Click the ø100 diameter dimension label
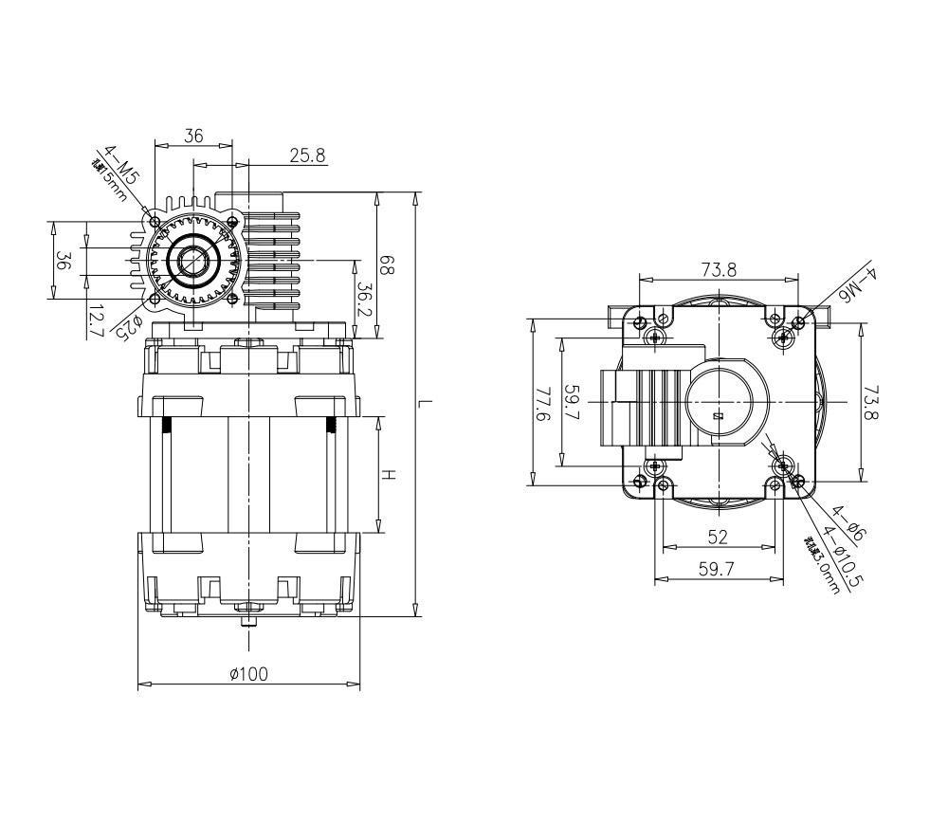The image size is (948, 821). (248, 674)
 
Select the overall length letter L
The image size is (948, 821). (428, 405)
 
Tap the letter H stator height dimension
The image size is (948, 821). (389, 474)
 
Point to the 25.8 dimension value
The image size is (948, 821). (307, 155)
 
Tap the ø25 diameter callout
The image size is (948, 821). (129, 325)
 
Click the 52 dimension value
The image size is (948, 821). (718, 537)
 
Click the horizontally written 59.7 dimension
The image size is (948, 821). (718, 569)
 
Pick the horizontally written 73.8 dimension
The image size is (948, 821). (719, 270)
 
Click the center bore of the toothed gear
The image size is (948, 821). (194, 261)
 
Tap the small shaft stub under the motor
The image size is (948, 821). (248, 622)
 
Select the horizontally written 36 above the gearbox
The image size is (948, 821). (193, 137)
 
